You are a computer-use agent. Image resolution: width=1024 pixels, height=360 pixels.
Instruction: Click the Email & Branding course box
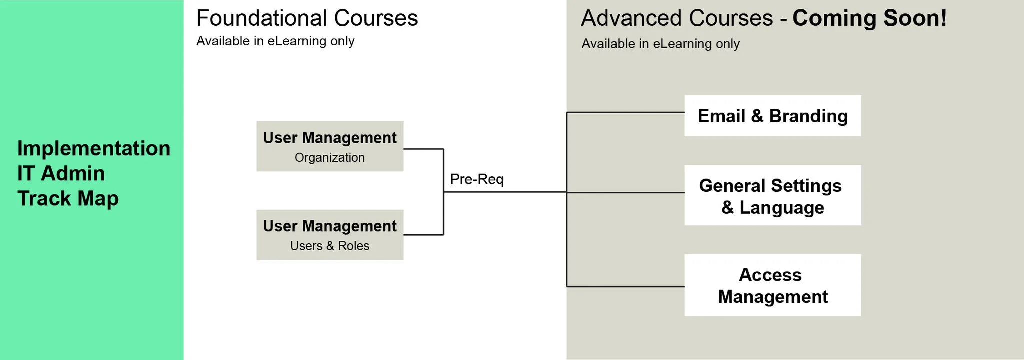(772, 116)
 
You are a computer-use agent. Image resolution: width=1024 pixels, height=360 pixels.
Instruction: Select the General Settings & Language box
(772, 195)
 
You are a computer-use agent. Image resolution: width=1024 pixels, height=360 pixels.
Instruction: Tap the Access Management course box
(772, 285)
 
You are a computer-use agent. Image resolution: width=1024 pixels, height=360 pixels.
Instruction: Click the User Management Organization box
(330, 146)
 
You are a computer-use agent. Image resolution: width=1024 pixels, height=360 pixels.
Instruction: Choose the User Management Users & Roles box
(330, 235)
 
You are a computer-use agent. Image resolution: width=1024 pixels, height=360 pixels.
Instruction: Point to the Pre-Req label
(476, 179)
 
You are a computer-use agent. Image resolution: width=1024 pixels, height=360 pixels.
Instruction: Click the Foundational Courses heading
(307, 19)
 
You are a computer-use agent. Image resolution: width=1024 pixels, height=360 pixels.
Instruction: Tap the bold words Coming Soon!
(869, 19)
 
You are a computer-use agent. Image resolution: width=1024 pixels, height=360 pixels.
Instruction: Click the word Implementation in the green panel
(94, 149)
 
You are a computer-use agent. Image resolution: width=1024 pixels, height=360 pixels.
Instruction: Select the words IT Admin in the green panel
(61, 174)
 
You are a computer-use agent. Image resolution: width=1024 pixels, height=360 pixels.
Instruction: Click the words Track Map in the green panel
(68, 199)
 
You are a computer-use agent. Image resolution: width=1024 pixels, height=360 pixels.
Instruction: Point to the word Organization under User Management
(330, 158)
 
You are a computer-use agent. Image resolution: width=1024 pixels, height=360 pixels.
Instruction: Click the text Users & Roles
(330, 246)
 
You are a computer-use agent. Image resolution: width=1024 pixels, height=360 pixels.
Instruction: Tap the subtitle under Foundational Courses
(275, 41)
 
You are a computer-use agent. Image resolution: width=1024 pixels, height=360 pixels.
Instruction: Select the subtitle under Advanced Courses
(660, 44)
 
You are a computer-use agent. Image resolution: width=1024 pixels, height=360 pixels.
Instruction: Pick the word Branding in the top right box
(808, 116)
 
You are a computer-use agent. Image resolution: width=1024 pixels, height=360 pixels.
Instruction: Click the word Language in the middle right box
(781, 207)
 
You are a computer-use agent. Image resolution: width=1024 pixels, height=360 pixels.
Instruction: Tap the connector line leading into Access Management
(625, 287)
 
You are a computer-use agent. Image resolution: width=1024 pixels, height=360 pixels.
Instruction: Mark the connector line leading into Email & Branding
(625, 113)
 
